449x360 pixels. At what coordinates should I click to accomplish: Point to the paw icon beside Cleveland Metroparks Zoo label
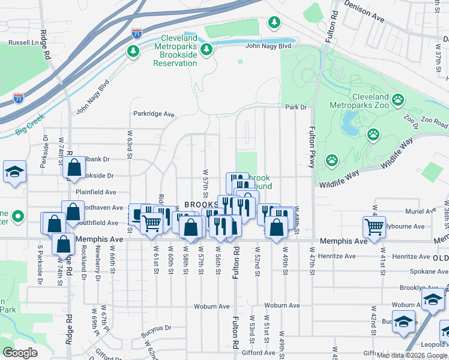click(x=397, y=99)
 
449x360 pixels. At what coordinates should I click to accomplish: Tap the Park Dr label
click(x=296, y=107)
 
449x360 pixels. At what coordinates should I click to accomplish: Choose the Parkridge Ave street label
click(x=154, y=113)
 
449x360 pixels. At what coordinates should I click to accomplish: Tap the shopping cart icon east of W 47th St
click(x=374, y=227)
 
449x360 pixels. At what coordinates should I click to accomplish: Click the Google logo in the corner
click(x=20, y=353)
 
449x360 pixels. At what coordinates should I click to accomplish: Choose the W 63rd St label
click(x=129, y=146)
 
